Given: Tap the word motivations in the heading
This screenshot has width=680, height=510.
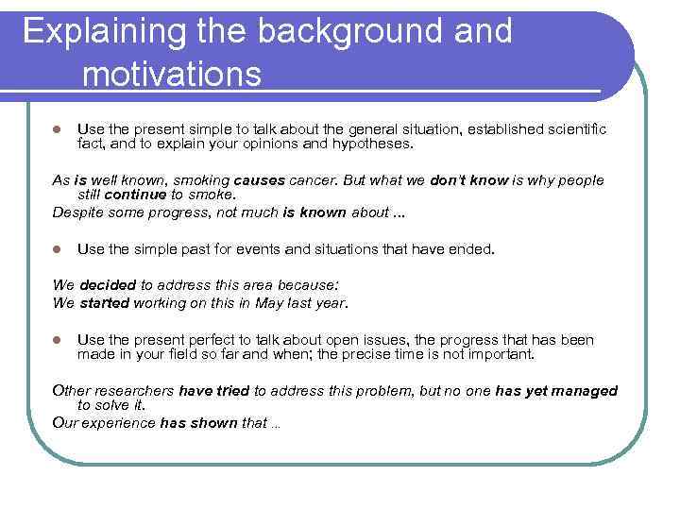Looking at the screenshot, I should [171, 74].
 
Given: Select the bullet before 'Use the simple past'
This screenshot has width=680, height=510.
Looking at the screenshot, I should [57, 250].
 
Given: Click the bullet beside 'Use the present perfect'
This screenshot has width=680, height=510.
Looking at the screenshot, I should [57, 340].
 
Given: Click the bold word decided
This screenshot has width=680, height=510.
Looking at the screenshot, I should [108, 284].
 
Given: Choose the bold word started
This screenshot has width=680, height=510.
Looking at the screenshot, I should [106, 303].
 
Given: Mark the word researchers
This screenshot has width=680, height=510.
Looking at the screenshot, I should [132, 391].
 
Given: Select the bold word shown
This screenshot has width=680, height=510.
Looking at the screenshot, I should [214, 423].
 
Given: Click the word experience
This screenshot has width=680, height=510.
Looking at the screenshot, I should [119, 423].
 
